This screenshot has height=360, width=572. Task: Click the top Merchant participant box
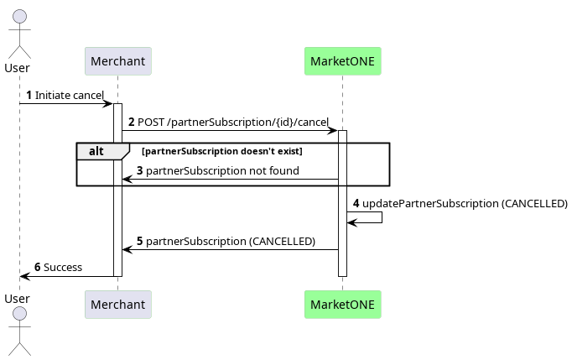117,61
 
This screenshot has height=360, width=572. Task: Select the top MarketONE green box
342,61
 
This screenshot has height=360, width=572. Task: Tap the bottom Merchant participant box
117,305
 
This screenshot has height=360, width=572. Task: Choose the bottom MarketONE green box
342,305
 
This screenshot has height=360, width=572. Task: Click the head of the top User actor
19,17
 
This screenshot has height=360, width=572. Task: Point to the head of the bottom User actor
19,314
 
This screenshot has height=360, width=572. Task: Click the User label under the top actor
17,68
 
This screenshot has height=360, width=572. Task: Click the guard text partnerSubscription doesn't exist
222,151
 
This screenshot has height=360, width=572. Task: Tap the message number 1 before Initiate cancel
29,96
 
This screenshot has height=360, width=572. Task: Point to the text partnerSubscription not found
222,170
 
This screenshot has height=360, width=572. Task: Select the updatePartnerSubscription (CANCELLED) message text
465,203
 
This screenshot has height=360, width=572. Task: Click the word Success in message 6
63,267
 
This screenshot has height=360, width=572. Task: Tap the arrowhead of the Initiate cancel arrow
109,104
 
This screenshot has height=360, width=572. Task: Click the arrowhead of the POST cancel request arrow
334,130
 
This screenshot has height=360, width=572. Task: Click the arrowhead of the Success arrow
24,276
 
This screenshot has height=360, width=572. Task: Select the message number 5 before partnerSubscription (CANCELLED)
140,242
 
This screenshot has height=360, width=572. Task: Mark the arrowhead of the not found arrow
127,180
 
